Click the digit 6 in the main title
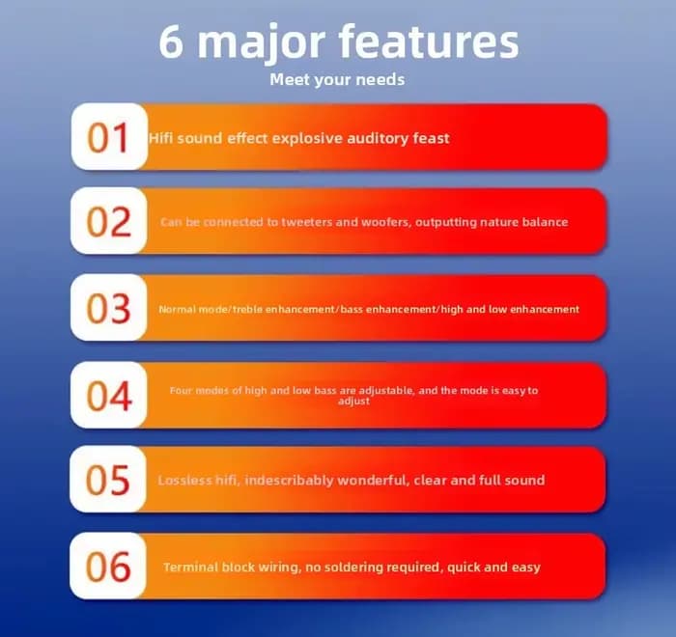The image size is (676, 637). click(x=171, y=42)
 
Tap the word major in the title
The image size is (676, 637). click(x=261, y=44)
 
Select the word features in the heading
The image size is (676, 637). click(x=429, y=42)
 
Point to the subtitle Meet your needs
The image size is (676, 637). click(x=337, y=80)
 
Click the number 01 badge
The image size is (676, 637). click(x=109, y=137)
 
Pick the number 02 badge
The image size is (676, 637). click(x=108, y=221)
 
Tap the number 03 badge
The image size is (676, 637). click(x=108, y=307)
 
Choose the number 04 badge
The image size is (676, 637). click(x=108, y=395)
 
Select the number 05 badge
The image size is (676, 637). click(x=108, y=479)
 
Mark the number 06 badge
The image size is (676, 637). click(x=108, y=566)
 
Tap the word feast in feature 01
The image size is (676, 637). click(x=431, y=138)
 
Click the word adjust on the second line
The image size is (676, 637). click(x=354, y=402)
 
